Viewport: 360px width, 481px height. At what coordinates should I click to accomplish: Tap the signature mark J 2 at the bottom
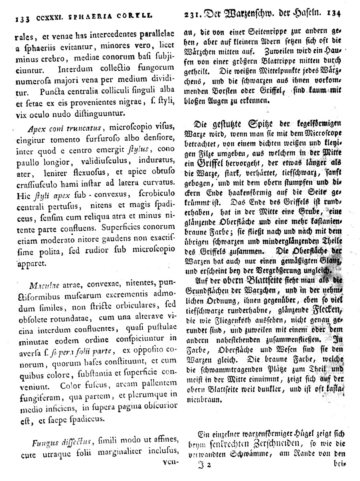204,465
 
